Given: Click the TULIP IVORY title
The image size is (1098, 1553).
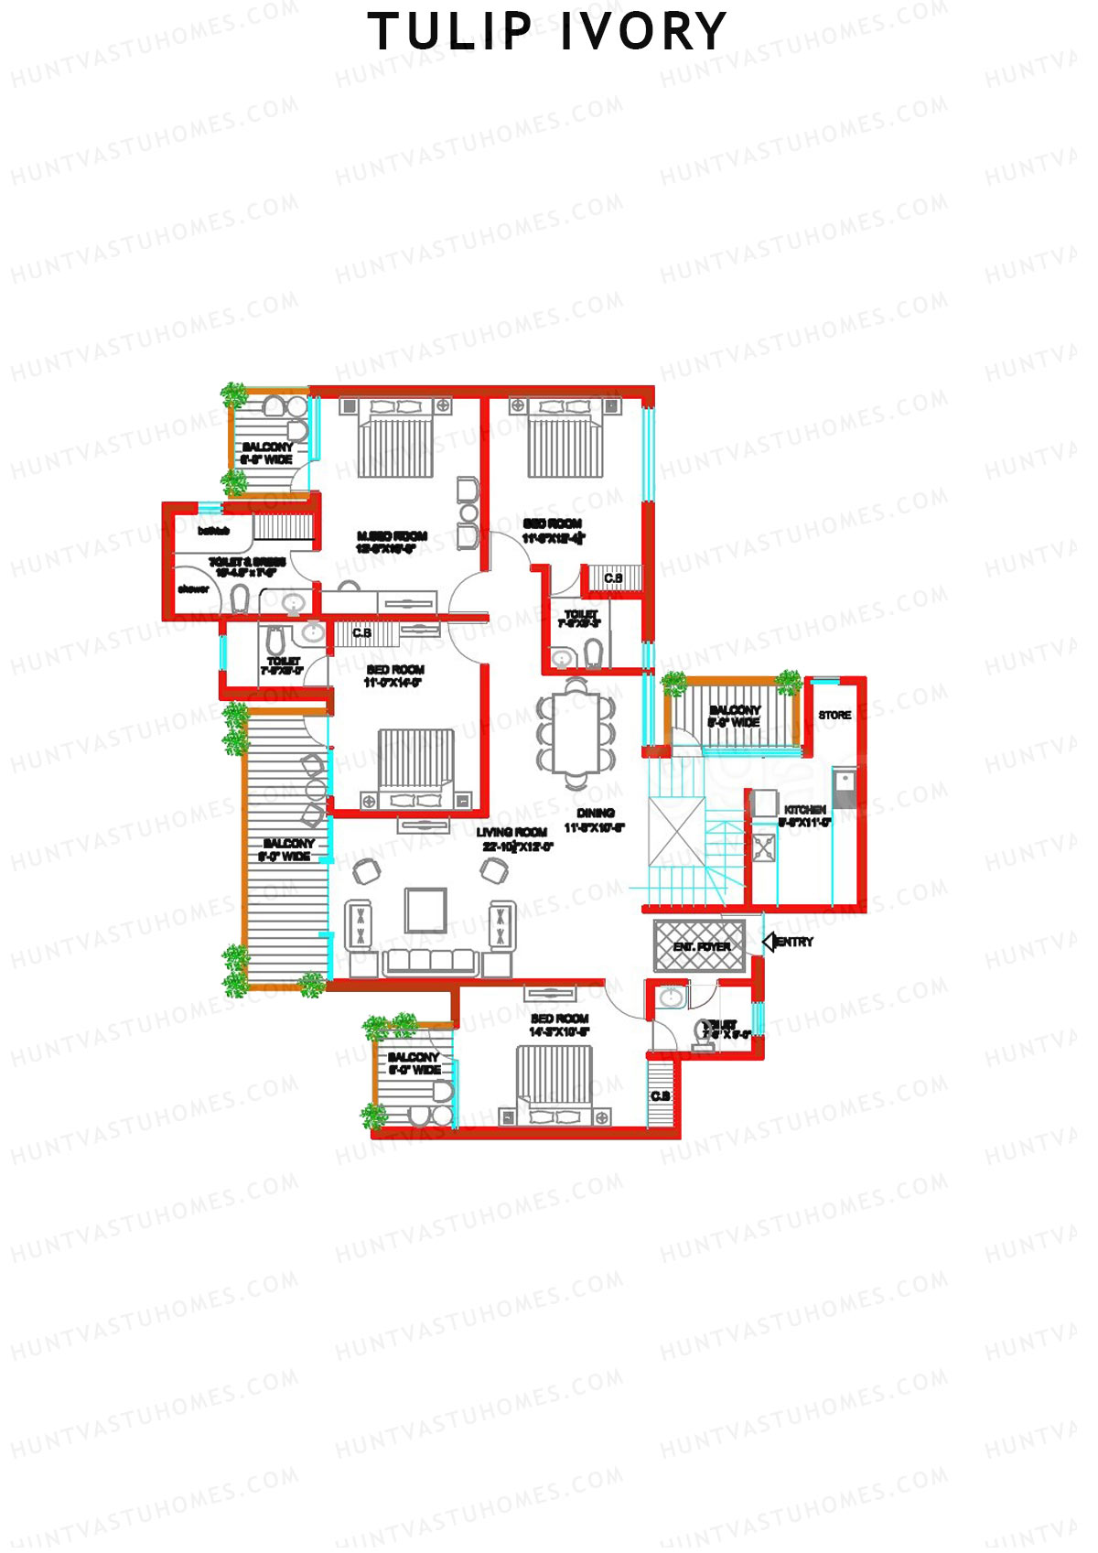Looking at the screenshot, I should coord(547,32).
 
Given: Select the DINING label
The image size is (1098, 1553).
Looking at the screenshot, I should coord(596,813).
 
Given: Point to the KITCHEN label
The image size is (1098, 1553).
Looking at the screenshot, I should coord(805,810).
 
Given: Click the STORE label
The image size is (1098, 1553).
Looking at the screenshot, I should coord(834,716).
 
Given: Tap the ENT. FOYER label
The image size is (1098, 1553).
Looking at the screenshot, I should coord(702,947).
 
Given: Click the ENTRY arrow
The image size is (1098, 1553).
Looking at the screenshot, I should coord(770,942).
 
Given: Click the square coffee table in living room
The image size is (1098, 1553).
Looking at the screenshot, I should coord(426,911).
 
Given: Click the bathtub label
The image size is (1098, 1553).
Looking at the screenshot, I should coord(213,531).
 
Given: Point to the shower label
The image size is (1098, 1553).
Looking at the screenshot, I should coord(193,589).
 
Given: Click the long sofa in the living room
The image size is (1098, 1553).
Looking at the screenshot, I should coord(431,962).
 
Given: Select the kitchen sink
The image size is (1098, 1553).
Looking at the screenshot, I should coord(844,782).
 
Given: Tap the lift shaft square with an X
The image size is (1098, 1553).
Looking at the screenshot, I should coord(677,832).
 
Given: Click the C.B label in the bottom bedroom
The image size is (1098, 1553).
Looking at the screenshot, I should coord(660,1096).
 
